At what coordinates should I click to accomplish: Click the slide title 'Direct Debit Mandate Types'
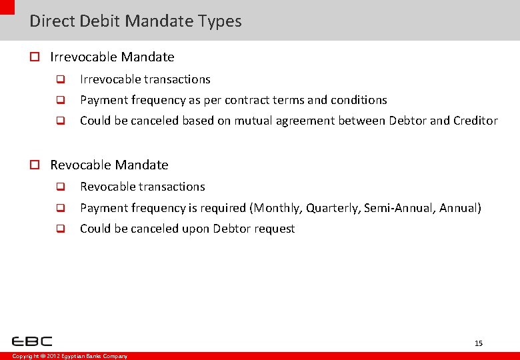pyautogui.click(x=135, y=21)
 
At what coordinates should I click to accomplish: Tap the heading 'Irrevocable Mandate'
pyautogui.click(x=112, y=57)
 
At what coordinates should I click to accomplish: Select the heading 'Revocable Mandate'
pyautogui.click(x=109, y=165)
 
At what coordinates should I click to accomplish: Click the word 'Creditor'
pyautogui.click(x=475, y=121)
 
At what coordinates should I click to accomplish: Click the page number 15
pyautogui.click(x=478, y=343)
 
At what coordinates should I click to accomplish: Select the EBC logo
pyautogui.click(x=32, y=341)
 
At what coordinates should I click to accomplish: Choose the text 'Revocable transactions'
pyautogui.click(x=142, y=187)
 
